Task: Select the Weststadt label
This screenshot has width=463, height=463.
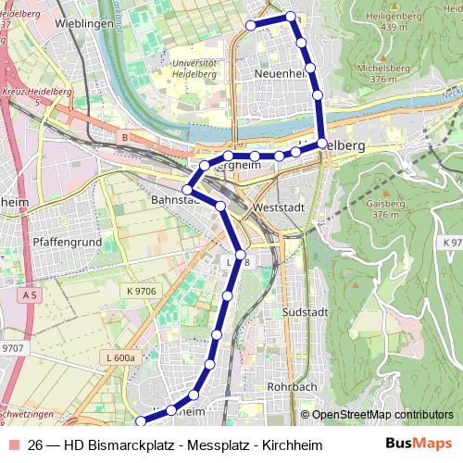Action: click(278, 206)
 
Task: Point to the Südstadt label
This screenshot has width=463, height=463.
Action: click(299, 312)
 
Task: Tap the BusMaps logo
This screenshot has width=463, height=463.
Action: click(419, 444)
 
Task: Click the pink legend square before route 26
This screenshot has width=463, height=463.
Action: click(12, 444)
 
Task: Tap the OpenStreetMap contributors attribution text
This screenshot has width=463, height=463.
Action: click(382, 415)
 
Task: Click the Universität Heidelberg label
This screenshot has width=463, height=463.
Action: click(195, 70)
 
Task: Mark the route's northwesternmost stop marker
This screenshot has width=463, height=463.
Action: click(250, 25)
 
